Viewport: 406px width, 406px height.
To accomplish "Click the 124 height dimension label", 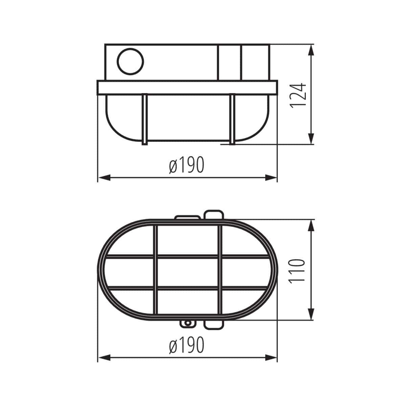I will [298, 94].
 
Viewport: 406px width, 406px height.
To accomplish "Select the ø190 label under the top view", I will [187, 345].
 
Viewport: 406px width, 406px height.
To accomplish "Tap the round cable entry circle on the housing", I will [130, 62].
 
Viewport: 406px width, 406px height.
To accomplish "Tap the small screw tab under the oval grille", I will [187, 324].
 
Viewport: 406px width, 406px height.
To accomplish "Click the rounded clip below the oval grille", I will [214, 324].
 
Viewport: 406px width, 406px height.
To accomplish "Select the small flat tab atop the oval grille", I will [187, 217].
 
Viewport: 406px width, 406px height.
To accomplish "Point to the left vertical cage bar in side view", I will [144, 119].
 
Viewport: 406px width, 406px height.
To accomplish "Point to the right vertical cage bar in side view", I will [232, 119].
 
